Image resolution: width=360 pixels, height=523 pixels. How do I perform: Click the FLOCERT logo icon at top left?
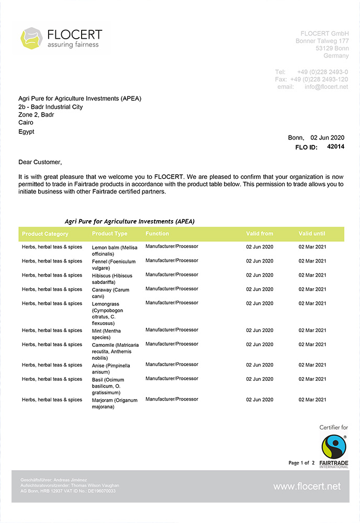[x=31, y=38]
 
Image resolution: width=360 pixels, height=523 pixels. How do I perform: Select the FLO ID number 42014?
[x=335, y=147]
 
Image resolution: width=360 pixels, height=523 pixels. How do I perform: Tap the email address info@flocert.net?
[x=326, y=87]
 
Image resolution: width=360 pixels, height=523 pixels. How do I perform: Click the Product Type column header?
[x=109, y=234]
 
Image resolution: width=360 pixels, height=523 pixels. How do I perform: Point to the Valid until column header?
[x=312, y=234]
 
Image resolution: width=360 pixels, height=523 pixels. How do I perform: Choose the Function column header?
[x=157, y=234]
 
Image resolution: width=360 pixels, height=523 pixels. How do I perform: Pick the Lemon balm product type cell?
[x=114, y=251]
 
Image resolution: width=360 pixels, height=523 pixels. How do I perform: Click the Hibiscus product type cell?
[x=111, y=279]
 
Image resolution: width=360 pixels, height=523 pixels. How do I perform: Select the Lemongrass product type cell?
[x=110, y=313]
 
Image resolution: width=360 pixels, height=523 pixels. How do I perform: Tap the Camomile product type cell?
[x=115, y=351]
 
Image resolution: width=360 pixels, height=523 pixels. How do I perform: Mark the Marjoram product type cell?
[x=114, y=403]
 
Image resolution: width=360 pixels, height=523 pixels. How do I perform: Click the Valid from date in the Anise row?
[x=260, y=365]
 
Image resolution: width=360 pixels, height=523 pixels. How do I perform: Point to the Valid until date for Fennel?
[x=312, y=261]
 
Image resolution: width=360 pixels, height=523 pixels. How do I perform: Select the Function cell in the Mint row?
[x=172, y=330]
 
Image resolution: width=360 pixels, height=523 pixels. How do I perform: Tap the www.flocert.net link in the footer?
[x=307, y=486]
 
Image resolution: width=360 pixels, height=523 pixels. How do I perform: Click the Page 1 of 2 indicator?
[x=301, y=463]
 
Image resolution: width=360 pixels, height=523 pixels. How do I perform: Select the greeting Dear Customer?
[x=40, y=162]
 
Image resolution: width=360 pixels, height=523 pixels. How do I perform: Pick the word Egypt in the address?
[x=26, y=132]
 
